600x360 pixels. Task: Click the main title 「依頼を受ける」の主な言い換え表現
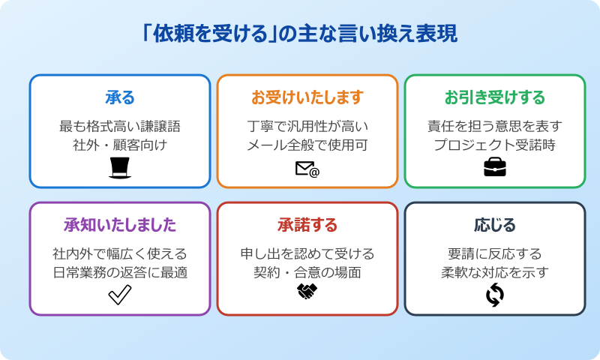(300, 34)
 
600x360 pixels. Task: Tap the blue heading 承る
(120, 97)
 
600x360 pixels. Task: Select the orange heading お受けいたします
(307, 97)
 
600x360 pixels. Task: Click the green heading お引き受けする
(495, 97)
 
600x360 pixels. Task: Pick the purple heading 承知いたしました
(120, 225)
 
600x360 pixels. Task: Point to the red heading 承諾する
(307, 225)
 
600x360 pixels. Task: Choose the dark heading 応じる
(495, 225)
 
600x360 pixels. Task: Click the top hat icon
(120, 168)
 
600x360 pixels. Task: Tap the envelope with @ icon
(307, 169)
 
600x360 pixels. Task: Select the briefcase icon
(495, 168)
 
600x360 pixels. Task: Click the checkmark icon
(120, 295)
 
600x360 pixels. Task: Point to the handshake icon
(307, 292)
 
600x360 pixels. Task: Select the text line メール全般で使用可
(307, 145)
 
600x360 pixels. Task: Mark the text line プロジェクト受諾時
(495, 145)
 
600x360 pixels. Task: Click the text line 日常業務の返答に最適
(120, 272)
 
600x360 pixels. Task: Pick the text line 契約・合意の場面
(307, 272)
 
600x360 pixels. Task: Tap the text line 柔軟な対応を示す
(495, 272)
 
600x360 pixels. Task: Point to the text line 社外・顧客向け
(120, 145)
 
